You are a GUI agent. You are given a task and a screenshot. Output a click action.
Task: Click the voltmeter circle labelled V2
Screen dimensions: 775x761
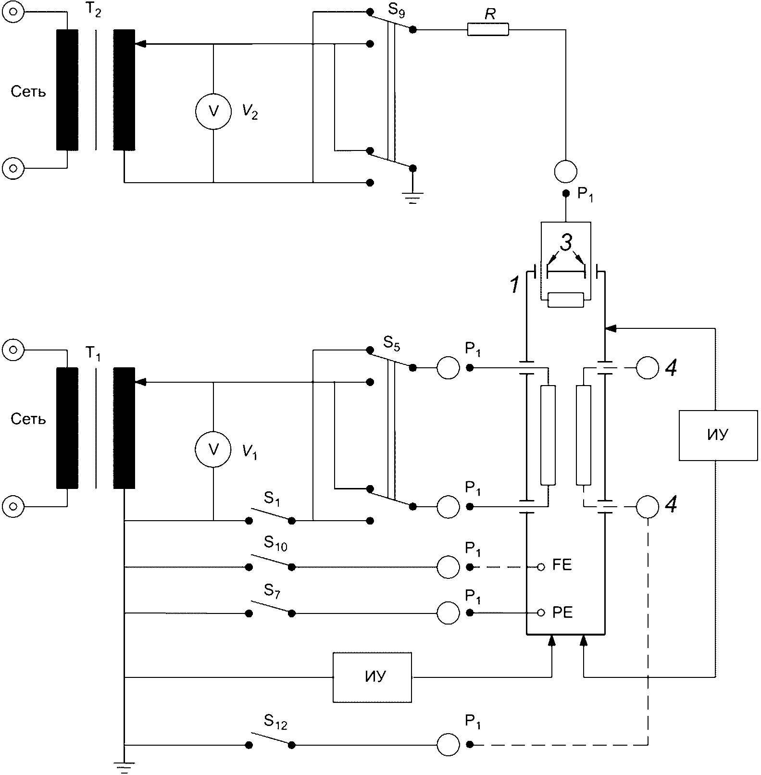213,112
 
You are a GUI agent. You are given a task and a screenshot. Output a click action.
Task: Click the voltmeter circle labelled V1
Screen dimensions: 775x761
213,449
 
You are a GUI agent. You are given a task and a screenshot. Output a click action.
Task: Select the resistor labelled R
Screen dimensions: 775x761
487,30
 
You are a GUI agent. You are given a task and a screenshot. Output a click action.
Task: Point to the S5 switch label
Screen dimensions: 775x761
392,343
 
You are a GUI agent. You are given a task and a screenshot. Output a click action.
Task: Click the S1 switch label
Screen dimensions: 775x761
272,499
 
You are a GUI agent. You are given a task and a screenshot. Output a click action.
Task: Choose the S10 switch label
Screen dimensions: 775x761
275,544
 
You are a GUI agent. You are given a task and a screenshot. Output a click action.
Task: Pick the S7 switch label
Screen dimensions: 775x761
272,590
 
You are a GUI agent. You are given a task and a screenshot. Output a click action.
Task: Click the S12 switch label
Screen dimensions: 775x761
275,722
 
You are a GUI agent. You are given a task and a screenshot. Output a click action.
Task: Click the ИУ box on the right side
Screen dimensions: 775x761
718,435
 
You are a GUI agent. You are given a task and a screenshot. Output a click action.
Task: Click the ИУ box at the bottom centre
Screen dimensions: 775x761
373,677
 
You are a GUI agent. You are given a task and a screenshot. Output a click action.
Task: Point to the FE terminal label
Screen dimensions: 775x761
562,565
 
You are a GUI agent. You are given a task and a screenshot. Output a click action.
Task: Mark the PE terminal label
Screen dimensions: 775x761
562,612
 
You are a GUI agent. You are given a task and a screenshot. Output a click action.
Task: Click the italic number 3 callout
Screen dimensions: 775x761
566,243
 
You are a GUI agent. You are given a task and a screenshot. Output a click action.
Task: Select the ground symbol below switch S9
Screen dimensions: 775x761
412,198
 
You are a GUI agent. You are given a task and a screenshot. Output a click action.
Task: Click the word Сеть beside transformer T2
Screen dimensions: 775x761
28,92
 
